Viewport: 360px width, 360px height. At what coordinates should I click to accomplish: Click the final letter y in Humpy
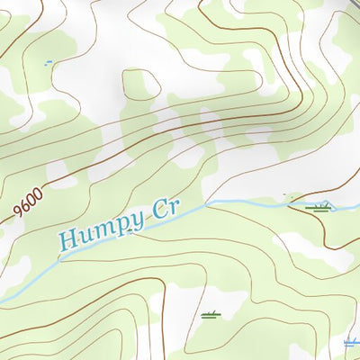pyautogui.click(x=135, y=222)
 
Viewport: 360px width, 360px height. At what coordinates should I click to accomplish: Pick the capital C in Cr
pyautogui.click(x=157, y=213)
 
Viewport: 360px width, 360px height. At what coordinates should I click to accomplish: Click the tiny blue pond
pyautogui.click(x=48, y=63)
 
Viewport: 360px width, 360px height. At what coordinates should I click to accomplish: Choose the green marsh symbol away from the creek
pyautogui.click(x=211, y=315)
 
